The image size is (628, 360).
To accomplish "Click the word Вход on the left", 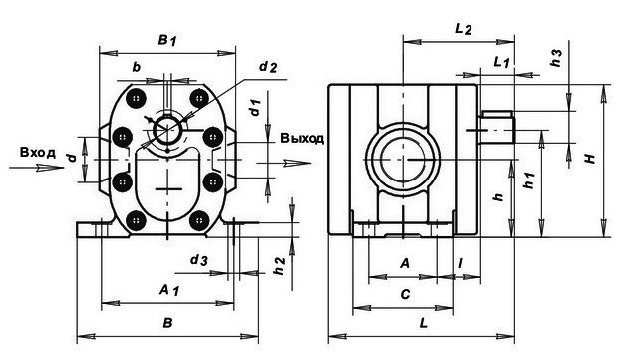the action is [37, 153].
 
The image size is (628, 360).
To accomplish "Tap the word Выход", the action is [302, 138].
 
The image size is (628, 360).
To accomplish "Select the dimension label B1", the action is [167, 40].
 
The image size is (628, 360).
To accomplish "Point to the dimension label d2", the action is [268, 67].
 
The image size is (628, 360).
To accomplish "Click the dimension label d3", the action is [199, 261].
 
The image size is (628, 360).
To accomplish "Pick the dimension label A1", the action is [169, 290].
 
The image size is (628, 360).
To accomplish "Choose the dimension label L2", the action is [463, 29].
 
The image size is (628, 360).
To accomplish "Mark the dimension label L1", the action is [501, 62].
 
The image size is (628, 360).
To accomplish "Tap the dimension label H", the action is [591, 159].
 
